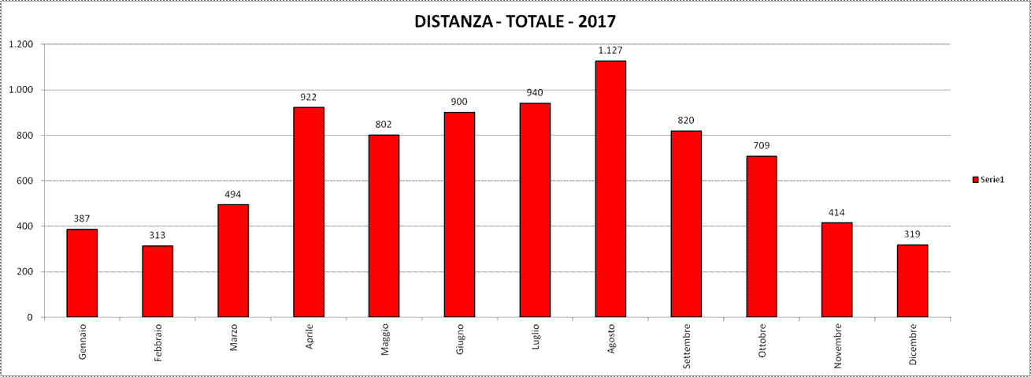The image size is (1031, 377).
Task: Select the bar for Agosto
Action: coord(610,189)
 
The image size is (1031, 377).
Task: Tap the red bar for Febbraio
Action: coord(158,282)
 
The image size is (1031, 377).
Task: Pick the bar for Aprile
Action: coord(308,212)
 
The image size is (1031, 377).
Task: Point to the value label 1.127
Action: coord(610,50)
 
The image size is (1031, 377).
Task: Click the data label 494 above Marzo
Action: coord(233,194)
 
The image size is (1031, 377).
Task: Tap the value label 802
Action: coord(384,125)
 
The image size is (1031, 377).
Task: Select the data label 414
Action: coord(836,212)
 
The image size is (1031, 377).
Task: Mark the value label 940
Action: coord(535,93)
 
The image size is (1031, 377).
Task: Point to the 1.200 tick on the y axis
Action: coord(20,44)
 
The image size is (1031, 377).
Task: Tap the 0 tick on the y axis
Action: coord(31,317)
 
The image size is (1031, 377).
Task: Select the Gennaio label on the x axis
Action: coord(83,341)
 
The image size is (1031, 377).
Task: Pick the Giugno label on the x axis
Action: coord(460,339)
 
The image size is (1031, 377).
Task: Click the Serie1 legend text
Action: coord(992,181)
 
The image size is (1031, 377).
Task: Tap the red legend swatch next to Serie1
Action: coord(975,181)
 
